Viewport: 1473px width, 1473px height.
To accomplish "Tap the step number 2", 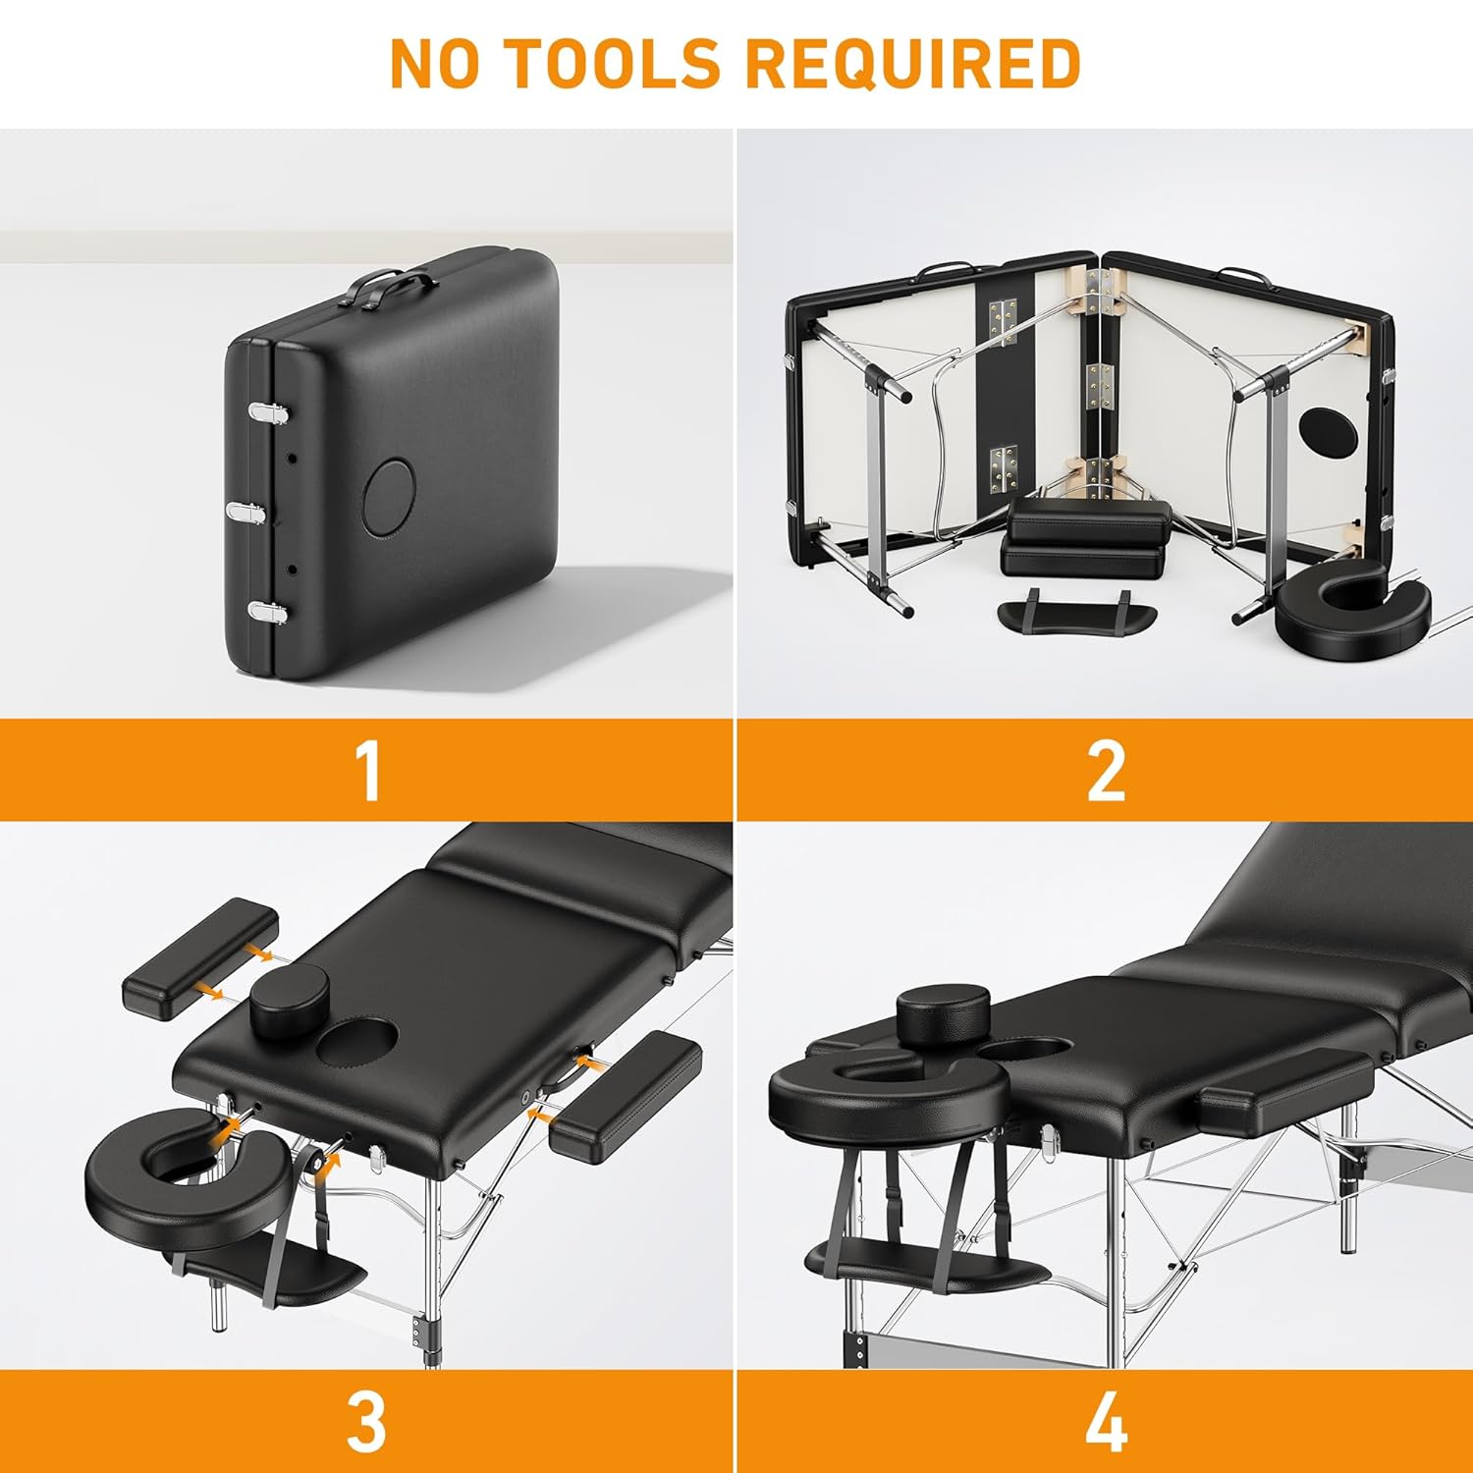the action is pos(1106,772).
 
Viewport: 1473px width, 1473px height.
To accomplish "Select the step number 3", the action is pos(366,1421).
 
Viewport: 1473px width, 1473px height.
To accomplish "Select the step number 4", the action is pos(1107,1421).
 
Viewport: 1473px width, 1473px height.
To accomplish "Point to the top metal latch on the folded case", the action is pos(267,413).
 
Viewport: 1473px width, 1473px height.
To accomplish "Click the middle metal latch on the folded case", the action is pos(251,512).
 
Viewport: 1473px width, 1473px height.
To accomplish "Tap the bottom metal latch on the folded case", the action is pos(268,612).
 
